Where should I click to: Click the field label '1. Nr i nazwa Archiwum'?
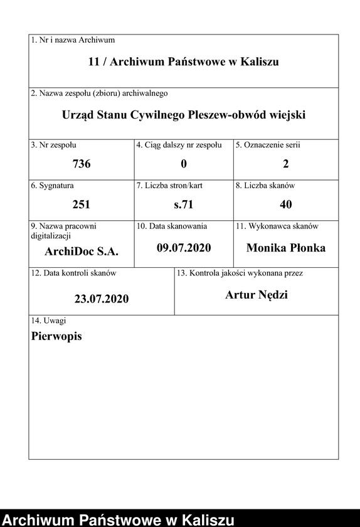[x=73, y=40]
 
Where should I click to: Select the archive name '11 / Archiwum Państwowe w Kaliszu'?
[x=183, y=61]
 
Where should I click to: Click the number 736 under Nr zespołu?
[x=82, y=164]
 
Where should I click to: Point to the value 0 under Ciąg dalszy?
[x=184, y=164]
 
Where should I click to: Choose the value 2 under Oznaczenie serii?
[x=286, y=164]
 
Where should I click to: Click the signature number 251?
[x=82, y=205]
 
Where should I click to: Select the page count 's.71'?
[x=184, y=205]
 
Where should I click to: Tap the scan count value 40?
[x=286, y=205]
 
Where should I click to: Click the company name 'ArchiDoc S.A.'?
[x=82, y=251]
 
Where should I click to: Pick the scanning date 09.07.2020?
[x=184, y=248]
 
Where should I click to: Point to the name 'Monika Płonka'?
[x=286, y=248]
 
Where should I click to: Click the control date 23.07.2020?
[x=102, y=299]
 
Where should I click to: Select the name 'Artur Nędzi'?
[x=257, y=295]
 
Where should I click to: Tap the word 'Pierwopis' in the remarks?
[x=56, y=336]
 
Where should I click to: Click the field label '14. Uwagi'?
[x=49, y=321]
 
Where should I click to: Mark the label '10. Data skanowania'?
[x=172, y=226]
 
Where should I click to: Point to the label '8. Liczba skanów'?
[x=265, y=186]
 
